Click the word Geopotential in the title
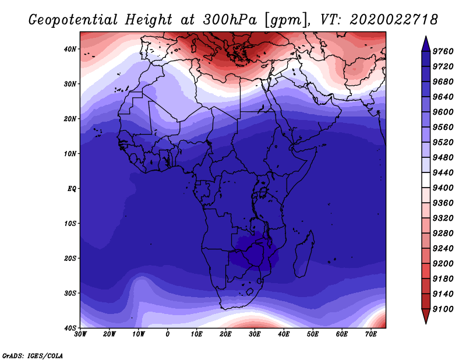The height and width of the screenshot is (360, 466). (73, 20)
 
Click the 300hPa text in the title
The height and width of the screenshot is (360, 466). (230, 20)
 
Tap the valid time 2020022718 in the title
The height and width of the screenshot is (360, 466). (394, 20)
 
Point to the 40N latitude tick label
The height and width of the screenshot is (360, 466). (70, 49)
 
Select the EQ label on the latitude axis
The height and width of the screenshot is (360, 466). (72, 189)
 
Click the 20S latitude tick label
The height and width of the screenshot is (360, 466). (70, 258)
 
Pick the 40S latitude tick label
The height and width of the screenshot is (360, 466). (70, 328)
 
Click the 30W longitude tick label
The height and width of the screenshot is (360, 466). (80, 334)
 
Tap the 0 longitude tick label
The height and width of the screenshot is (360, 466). (168, 334)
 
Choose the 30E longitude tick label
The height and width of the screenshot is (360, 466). (255, 334)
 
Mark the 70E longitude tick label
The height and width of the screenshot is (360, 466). (371, 334)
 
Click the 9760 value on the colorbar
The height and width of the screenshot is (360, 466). (443, 51)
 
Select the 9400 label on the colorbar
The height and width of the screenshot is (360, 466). (443, 188)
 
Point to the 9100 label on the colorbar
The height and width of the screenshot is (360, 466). (443, 309)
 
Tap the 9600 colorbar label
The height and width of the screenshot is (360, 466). (443, 112)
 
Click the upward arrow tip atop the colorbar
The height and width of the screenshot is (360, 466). (426, 37)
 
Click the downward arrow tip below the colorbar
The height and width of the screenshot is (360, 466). (426, 323)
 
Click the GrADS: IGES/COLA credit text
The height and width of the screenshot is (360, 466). (33, 356)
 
